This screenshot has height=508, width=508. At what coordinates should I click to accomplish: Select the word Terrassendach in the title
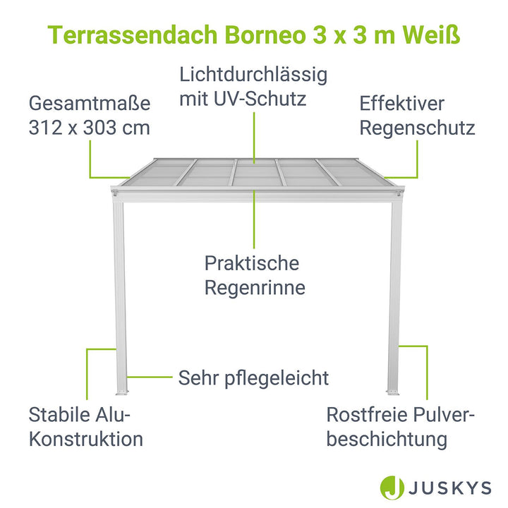(x=132, y=35)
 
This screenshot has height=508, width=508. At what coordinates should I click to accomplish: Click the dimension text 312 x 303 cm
(x=90, y=128)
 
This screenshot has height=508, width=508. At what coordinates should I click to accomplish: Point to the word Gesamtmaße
(x=90, y=103)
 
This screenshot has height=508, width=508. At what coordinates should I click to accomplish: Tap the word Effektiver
(x=401, y=103)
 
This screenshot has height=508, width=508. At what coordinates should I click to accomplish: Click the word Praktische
(x=252, y=262)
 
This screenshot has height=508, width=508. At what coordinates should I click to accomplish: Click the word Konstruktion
(x=86, y=439)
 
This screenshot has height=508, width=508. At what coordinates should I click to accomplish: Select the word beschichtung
(x=387, y=440)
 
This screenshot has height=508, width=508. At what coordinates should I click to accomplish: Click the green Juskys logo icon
(x=392, y=488)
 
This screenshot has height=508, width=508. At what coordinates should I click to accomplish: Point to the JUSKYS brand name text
(x=449, y=488)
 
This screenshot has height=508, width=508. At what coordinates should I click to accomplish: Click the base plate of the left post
(x=122, y=393)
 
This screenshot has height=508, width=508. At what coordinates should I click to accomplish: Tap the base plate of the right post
(x=393, y=393)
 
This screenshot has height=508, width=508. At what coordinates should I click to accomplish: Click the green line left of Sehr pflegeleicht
(x=150, y=377)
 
